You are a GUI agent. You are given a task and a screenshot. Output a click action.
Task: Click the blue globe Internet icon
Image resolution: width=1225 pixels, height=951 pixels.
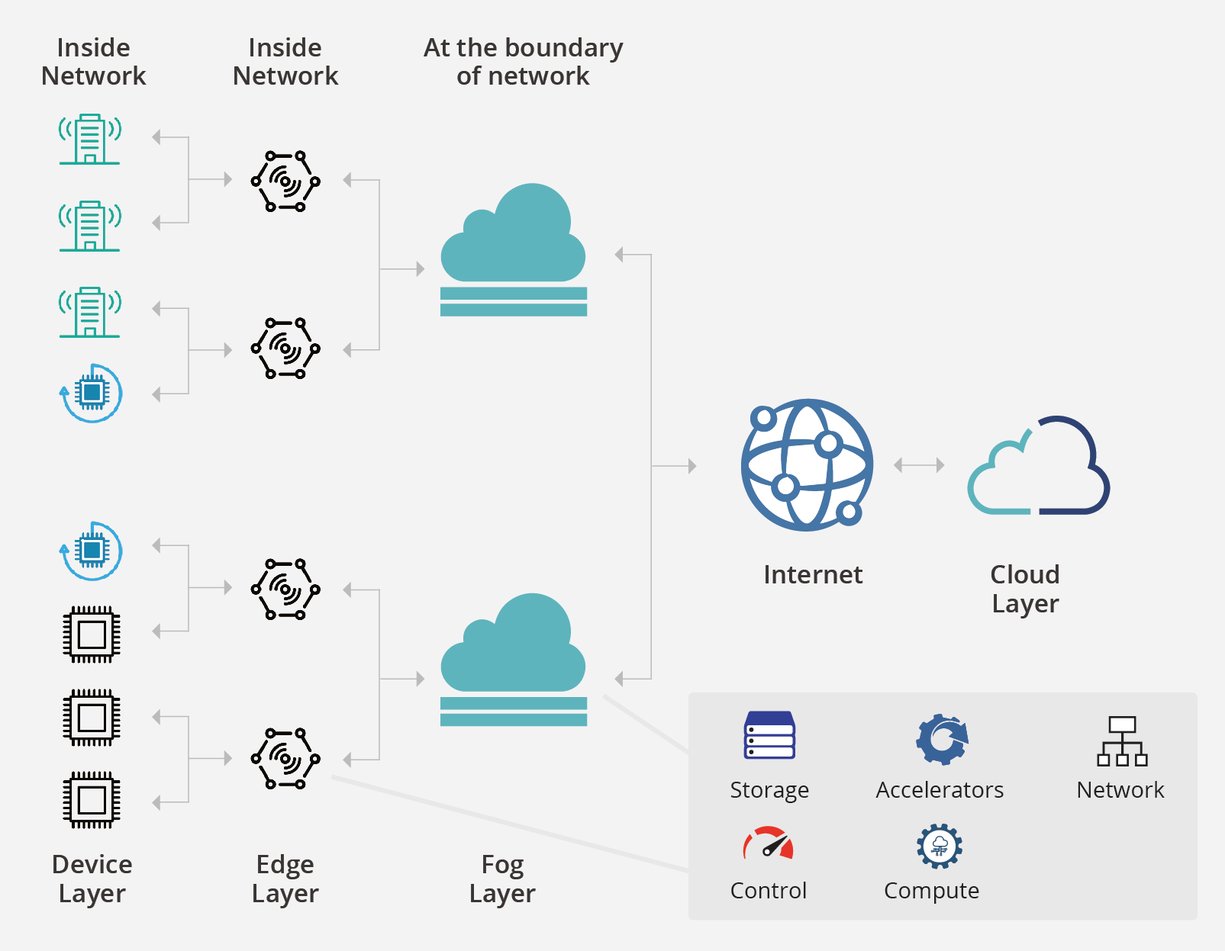tap(806, 464)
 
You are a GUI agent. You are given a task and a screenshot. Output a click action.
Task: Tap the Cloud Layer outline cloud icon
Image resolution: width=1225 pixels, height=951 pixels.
tap(1039, 466)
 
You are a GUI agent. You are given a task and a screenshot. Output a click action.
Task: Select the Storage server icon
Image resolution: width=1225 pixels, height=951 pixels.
tap(769, 737)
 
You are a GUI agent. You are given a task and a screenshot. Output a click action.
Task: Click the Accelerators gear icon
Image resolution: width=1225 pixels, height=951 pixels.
tap(940, 739)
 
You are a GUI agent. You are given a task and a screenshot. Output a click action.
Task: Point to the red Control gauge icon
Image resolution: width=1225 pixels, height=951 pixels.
tap(768, 845)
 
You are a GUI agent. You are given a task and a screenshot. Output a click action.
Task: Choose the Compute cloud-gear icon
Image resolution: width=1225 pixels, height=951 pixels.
tap(939, 846)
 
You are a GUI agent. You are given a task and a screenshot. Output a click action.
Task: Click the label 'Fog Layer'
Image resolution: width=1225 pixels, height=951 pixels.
tap(502, 879)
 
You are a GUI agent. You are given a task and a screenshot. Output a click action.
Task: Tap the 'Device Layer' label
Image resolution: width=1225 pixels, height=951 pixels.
tap(92, 879)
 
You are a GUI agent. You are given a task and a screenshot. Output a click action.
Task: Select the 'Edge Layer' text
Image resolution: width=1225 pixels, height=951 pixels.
tap(285, 879)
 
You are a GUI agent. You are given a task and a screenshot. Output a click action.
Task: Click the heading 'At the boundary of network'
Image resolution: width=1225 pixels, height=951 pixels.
tap(523, 62)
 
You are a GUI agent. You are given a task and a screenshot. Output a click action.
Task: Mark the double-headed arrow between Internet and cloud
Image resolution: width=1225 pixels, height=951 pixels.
tap(919, 465)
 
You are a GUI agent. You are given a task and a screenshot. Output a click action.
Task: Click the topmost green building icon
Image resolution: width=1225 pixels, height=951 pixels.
tap(90, 139)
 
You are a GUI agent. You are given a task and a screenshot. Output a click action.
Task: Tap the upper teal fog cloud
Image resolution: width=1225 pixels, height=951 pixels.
tap(514, 250)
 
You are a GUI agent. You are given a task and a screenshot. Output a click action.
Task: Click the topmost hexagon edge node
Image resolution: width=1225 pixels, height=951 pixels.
tap(285, 181)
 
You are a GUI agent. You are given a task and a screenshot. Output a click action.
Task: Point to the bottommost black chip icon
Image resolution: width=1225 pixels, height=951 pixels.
tap(91, 800)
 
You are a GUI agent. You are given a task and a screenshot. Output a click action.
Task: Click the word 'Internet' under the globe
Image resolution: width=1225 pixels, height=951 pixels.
tap(812, 575)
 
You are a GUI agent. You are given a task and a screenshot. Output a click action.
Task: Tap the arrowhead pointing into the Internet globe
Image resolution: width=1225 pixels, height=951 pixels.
tap(691, 466)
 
